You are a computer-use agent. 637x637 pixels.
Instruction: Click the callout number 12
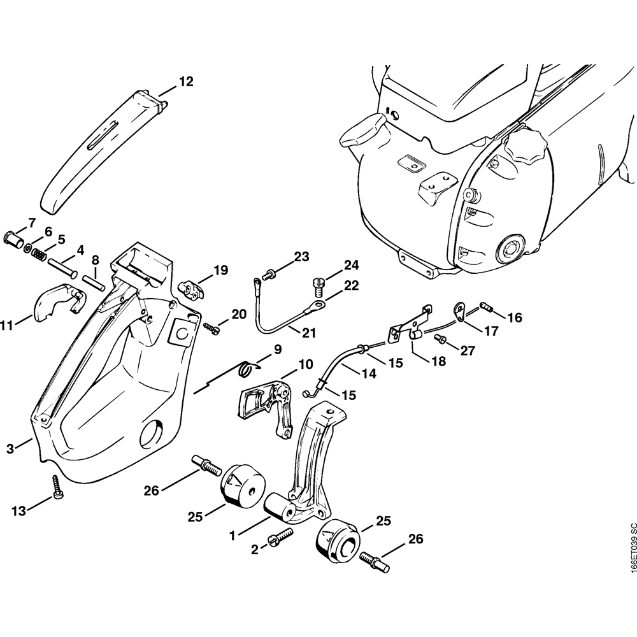pyautogui.click(x=185, y=82)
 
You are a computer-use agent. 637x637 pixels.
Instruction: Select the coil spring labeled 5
pyautogui.click(x=39, y=253)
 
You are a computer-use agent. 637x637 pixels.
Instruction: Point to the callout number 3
pyautogui.click(x=10, y=448)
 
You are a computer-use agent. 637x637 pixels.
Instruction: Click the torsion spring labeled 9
pyautogui.click(x=246, y=368)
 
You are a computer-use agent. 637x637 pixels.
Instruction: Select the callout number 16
pyautogui.click(x=514, y=317)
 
